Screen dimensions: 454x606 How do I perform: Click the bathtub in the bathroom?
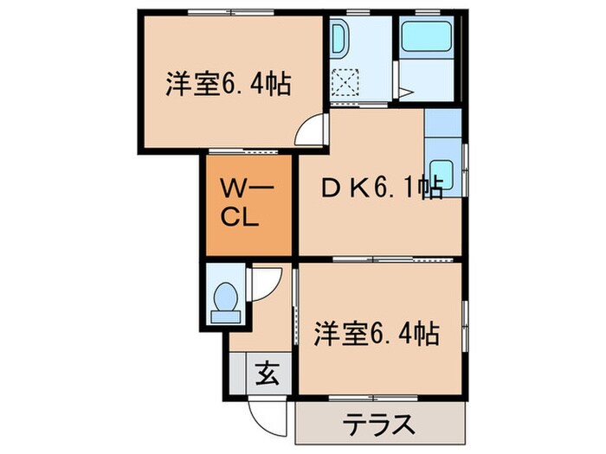tap(424, 37)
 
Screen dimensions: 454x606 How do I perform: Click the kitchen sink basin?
tap(442, 171)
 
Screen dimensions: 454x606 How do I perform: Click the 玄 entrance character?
tap(267, 376)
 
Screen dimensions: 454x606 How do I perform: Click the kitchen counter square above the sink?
tap(442, 124)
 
